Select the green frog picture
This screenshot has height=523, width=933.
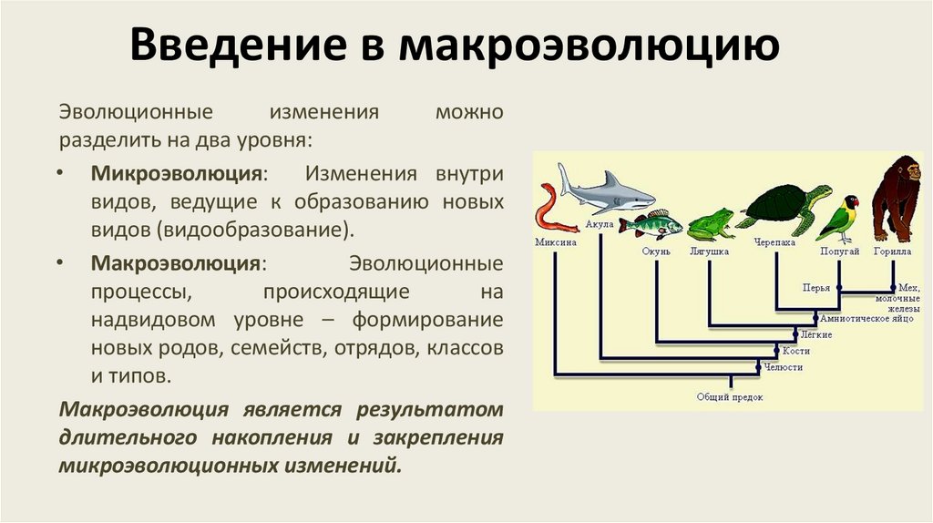pyautogui.click(x=710, y=223)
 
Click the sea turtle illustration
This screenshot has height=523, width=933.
pyautogui.click(x=784, y=205)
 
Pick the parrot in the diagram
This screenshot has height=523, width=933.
pyautogui.click(x=839, y=218)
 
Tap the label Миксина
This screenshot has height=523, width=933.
pyautogui.click(x=555, y=243)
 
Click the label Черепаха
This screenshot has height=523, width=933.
pyautogui.click(x=774, y=243)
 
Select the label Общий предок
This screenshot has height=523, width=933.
pyautogui.click(x=730, y=397)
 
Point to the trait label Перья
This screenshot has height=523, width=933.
pyautogui.click(x=815, y=288)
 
